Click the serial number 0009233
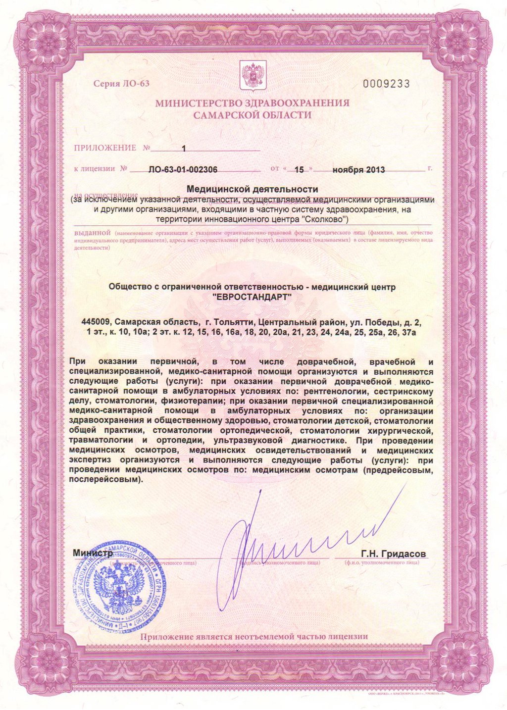386,84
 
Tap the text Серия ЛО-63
121,83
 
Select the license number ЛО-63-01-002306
183,169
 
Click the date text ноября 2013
358,169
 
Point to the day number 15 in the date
299,169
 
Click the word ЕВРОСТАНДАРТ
252,297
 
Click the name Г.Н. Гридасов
393,554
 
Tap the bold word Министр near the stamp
93,553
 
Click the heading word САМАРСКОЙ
224,115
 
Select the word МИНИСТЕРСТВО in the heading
190,103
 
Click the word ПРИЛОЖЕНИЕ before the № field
104,148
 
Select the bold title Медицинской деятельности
252,189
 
